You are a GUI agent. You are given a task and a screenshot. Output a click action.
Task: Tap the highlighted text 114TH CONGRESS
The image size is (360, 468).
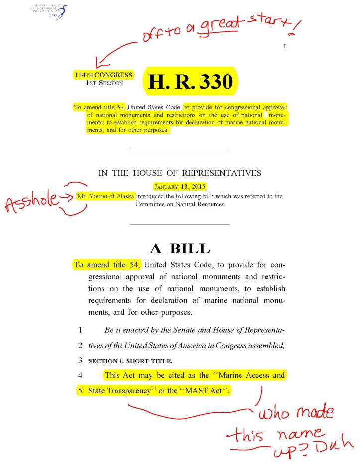point(103,75)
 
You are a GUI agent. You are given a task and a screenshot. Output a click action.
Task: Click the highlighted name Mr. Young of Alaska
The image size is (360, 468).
point(106,196)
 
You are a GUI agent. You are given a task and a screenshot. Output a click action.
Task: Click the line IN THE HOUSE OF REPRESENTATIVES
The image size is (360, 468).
point(180,173)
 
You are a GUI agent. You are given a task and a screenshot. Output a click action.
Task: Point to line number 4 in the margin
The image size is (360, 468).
point(80,375)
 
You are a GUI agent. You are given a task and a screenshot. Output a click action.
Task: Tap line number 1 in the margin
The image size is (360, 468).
point(80,330)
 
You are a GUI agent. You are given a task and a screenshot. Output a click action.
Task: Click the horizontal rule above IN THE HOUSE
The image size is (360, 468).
point(179,150)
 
